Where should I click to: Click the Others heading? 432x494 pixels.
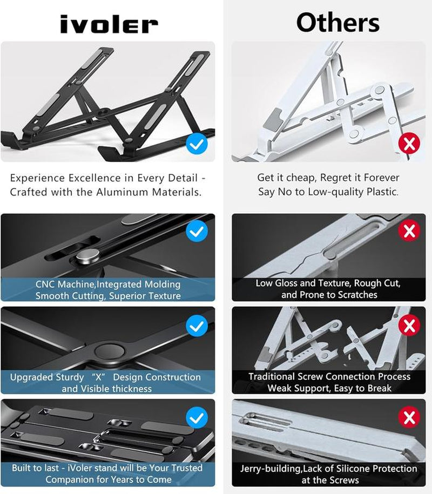pos(337,23)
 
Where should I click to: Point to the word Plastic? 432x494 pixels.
pos(380,192)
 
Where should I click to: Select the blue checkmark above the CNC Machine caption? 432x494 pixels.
pos(197,232)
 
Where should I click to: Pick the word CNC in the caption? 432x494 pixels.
pos(46,284)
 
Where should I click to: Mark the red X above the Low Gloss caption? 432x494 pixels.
pos(409,231)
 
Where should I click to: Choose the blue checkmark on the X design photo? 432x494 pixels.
pos(197,326)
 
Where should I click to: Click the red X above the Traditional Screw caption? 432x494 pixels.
pos(409,325)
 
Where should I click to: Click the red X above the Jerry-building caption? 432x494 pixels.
pos(409,417)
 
